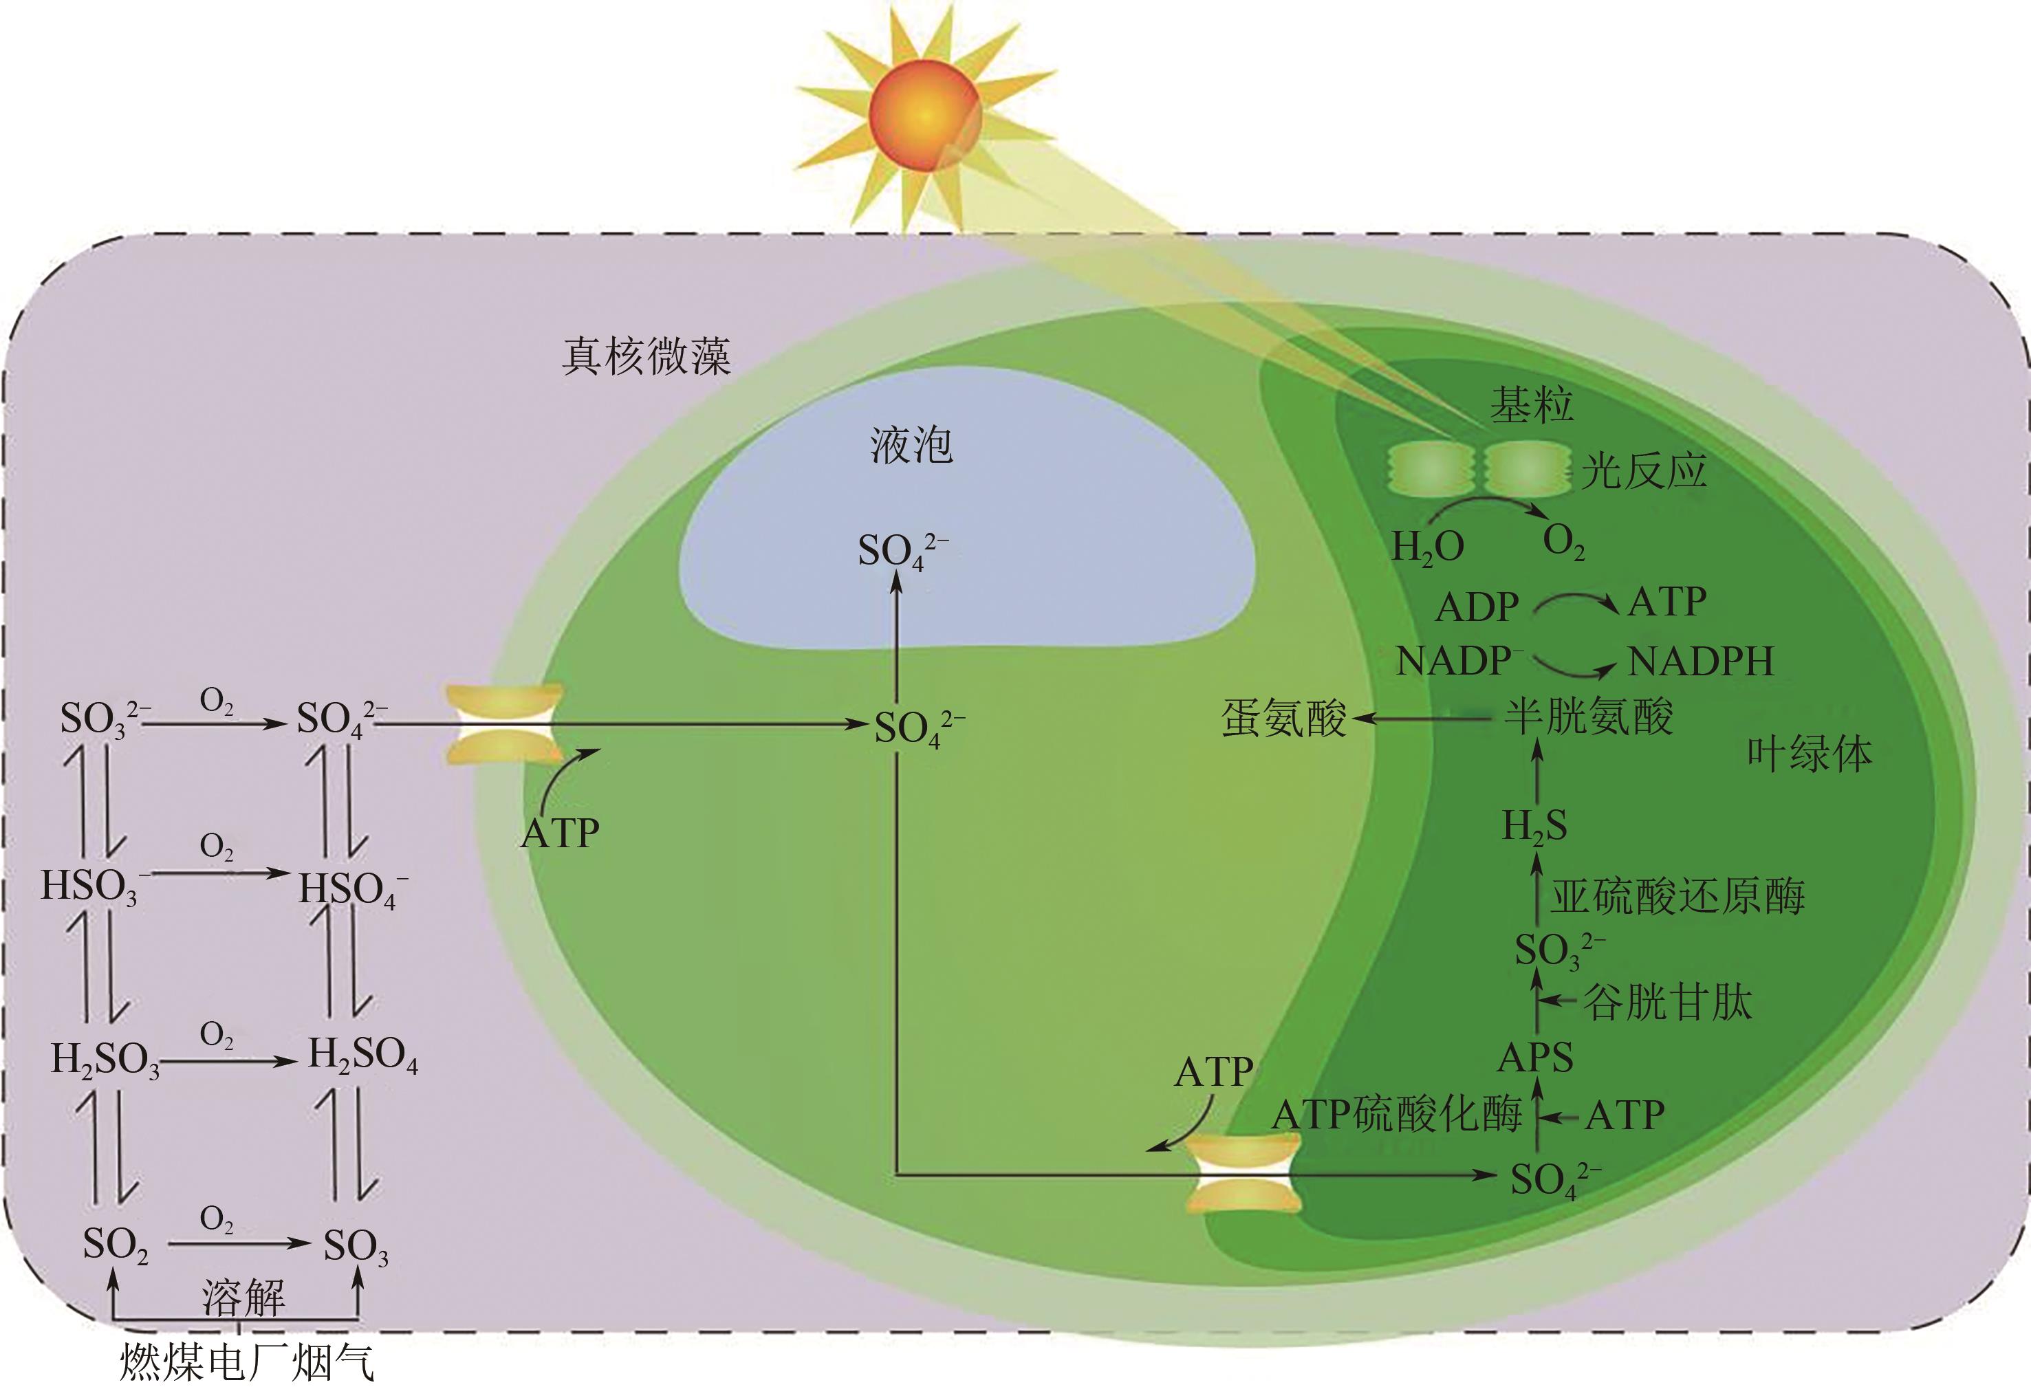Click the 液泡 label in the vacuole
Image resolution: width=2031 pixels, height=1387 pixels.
pyautogui.click(x=911, y=446)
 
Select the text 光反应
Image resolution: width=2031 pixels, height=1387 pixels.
pyautogui.click(x=1644, y=472)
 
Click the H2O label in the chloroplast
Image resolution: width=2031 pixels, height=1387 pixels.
pyautogui.click(x=1427, y=548)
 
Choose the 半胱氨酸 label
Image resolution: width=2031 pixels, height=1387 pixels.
pyautogui.click(x=1588, y=717)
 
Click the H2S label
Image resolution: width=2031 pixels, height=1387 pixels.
pyautogui.click(x=1534, y=827)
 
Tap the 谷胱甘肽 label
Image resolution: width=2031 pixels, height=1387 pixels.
pyautogui.click(x=1667, y=1002)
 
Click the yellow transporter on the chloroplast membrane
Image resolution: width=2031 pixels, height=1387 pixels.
pyautogui.click(x=1243, y=1174)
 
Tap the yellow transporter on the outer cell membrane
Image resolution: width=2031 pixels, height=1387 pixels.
pyautogui.click(x=504, y=725)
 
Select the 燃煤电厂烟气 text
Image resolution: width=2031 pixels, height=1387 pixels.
pyautogui.click(x=246, y=1361)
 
